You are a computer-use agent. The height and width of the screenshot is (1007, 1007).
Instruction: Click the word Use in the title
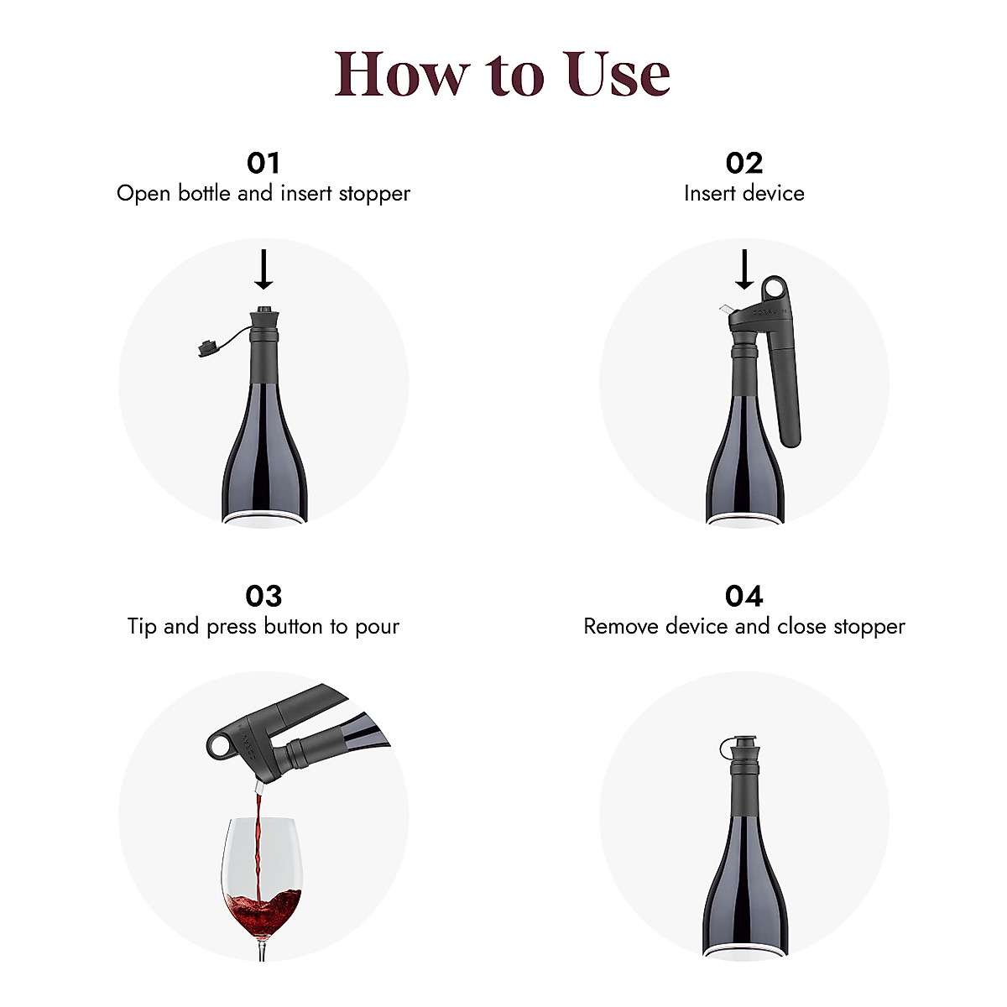click(617, 74)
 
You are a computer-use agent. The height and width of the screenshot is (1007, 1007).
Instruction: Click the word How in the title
click(400, 74)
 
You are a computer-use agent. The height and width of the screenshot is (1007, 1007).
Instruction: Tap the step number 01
click(263, 162)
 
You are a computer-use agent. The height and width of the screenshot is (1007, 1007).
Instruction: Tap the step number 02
click(744, 162)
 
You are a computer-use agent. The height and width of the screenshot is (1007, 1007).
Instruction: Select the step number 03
click(263, 596)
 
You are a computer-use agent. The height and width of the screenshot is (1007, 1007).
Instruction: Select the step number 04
click(744, 596)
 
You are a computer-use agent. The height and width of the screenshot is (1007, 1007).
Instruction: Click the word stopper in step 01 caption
click(374, 194)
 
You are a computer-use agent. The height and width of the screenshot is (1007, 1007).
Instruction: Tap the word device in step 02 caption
click(773, 194)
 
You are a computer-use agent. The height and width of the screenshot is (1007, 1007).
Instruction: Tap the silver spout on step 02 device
click(723, 310)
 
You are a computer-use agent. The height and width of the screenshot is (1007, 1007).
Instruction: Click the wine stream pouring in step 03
click(258, 839)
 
